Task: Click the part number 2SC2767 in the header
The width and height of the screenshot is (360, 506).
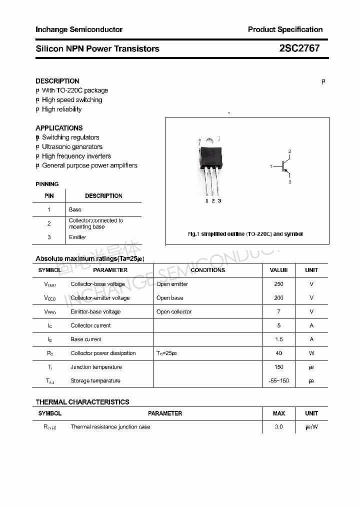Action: coord(299,48)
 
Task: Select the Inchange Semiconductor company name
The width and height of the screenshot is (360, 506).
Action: coord(79,29)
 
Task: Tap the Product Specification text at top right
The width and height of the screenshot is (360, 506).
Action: coord(285,29)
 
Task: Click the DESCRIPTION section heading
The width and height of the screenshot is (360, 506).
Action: coord(57,81)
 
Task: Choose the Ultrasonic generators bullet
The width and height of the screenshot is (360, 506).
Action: coord(72,147)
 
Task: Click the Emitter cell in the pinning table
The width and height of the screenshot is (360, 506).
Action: coord(77,237)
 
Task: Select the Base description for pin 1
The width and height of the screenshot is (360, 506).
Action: coord(75,209)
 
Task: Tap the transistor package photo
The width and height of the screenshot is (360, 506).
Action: coord(210,165)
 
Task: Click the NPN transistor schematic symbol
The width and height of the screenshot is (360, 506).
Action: coord(284,166)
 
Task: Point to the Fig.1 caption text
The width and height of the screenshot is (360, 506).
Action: coord(245,234)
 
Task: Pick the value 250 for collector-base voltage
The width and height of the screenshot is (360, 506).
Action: coord(278,284)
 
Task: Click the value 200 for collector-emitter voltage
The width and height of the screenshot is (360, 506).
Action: coord(278,298)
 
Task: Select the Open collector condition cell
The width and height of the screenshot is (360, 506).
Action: coord(174,312)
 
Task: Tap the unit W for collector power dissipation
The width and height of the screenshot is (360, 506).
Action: coord(311,353)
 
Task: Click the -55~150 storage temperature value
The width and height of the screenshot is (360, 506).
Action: coord(278,381)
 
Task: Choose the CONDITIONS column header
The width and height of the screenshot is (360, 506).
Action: coord(208,270)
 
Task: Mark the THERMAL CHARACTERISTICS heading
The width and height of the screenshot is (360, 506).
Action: coord(82,402)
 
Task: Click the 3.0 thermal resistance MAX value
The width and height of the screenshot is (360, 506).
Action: coord(278,427)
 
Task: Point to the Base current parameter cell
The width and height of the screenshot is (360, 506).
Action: coord(86,339)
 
